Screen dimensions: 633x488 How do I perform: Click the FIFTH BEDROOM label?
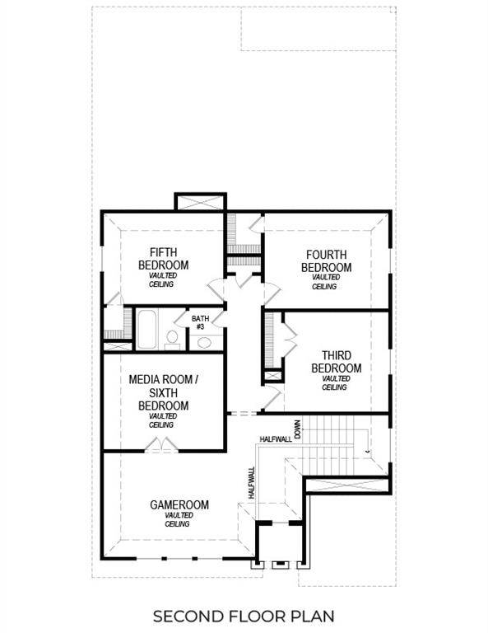[169, 258]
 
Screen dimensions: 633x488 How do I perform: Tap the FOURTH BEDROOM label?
[326, 260]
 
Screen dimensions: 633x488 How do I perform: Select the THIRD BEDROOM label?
[336, 361]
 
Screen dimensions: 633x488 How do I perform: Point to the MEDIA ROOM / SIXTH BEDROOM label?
[163, 392]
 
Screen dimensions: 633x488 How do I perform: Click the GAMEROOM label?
[179, 504]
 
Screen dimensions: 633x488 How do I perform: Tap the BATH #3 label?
[200, 322]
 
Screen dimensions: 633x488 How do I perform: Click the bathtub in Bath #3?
[149, 330]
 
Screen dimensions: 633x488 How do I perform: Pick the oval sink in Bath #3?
[204, 342]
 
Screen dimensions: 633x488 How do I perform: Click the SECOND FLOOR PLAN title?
[244, 616]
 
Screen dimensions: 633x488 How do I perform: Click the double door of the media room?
[161, 445]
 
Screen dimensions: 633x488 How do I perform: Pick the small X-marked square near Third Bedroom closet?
[271, 376]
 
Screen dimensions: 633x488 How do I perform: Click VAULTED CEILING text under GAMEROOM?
[178, 519]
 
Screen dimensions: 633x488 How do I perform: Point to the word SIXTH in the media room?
[163, 392]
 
